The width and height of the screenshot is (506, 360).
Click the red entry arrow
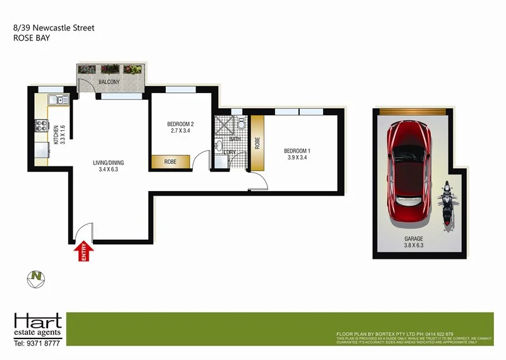[83, 252]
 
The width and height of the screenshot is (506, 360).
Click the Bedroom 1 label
[297, 154]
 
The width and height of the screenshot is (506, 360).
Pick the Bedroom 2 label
[180, 127]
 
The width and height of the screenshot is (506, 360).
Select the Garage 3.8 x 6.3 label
[414, 242]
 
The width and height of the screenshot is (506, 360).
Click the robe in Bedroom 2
[170, 162]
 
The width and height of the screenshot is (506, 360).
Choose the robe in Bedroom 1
[257, 143]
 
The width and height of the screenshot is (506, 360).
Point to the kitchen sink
[58, 99]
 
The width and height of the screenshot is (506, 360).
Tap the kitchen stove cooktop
[42, 126]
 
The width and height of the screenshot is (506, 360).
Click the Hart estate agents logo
[37, 326]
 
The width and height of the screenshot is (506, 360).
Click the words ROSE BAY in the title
[32, 38]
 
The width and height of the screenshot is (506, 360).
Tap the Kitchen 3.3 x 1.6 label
[59, 134]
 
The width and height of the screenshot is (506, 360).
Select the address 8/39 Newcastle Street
[54, 28]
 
